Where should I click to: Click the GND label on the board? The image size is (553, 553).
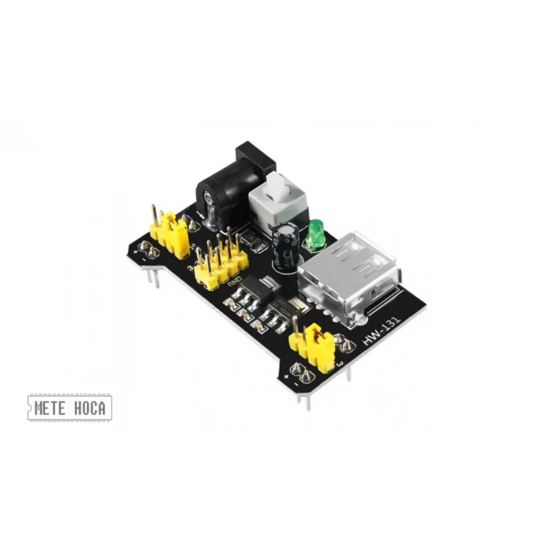click(235, 282)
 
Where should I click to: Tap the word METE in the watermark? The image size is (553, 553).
click(51, 408)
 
